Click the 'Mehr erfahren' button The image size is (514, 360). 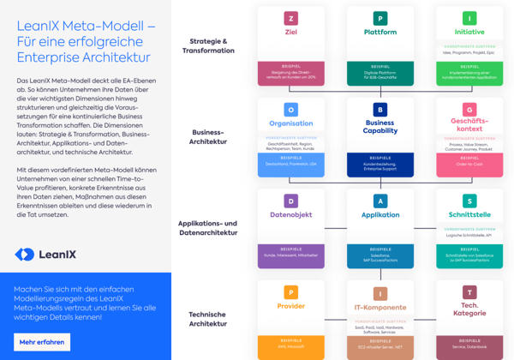click(x=42, y=342)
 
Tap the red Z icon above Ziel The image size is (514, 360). click(x=291, y=18)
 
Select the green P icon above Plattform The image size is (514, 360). click(x=380, y=18)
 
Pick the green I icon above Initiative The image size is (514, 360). click(x=469, y=18)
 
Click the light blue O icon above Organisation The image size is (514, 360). click(x=291, y=110)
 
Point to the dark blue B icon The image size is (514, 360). click(x=380, y=110)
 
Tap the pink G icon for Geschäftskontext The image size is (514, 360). click(x=469, y=110)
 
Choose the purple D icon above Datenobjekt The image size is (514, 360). click(x=291, y=201)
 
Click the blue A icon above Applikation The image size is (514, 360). click(x=380, y=201)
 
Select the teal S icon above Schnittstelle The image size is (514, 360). click(x=469, y=201)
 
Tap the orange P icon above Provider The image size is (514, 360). click(x=291, y=292)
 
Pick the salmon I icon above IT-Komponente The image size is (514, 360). click(x=380, y=294)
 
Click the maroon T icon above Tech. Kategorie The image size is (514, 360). click(x=469, y=292)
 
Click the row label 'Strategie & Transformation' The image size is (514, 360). click(x=208, y=45)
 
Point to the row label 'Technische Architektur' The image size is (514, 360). click(x=208, y=319)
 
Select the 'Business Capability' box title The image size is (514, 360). click(x=380, y=128)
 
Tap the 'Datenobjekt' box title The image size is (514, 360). click(x=291, y=215)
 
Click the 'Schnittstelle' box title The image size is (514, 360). click(x=469, y=215)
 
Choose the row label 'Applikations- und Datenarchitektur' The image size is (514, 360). click(x=208, y=228)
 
